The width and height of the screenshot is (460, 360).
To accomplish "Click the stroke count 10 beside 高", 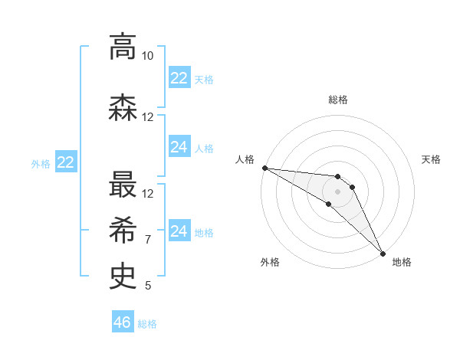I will pos(148,56).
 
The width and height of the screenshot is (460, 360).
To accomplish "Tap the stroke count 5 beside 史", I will pos(148,286).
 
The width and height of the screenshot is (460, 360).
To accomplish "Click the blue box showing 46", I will pos(123,322).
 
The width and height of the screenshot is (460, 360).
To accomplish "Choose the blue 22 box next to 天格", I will pos(179,78).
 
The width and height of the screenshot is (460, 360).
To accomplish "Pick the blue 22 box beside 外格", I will pos(66,162).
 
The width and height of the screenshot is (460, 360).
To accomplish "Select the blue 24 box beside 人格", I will pos(179,147).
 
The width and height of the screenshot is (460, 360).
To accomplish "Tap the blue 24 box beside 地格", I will pos(179,231).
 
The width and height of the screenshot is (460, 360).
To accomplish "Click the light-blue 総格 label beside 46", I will pos(147,324).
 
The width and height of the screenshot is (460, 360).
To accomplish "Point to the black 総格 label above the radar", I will pos(338,100).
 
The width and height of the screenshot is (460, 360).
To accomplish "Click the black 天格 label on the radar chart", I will pos(432,159).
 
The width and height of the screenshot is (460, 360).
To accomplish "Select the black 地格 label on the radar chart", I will pos(402,262).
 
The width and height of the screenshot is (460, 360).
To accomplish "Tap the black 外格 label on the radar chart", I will pos(270,262).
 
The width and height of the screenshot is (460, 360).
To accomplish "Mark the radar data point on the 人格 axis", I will pos(264,168).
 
